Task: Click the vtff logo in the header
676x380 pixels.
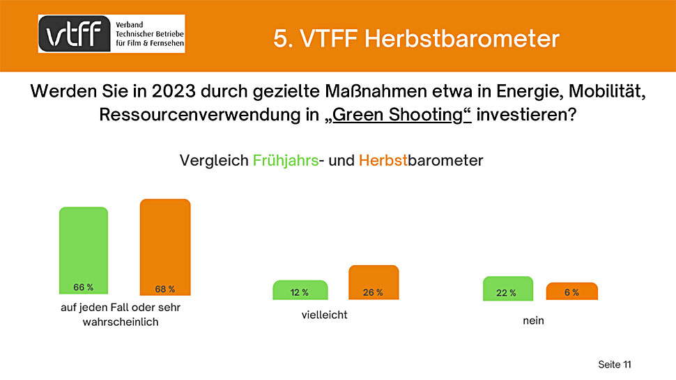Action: (112, 33)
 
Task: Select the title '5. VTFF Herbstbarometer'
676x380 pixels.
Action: (417, 38)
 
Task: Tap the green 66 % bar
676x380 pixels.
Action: (84, 251)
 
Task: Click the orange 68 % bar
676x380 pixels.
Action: (165, 247)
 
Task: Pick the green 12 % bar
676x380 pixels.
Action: (300, 290)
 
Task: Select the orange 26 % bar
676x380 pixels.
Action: (374, 283)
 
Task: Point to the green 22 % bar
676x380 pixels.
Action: (508, 288)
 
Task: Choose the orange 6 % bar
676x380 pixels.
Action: (572, 291)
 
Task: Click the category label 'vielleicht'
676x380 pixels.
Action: (324, 315)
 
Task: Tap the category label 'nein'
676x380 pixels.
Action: (533, 321)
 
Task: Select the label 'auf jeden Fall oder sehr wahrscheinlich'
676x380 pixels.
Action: (121, 315)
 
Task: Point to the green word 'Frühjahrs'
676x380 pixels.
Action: (286, 161)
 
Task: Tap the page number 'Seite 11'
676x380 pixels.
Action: (615, 365)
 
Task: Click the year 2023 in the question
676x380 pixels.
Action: (174, 91)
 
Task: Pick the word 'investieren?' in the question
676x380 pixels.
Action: (526, 114)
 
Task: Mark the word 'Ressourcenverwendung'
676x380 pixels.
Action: (209, 115)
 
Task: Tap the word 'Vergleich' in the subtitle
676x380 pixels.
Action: (214, 161)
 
